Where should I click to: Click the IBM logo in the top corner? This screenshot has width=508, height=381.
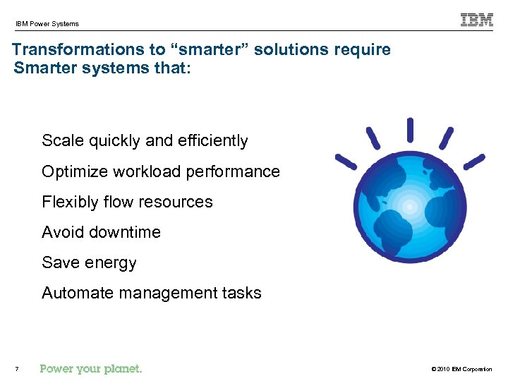point(477,20)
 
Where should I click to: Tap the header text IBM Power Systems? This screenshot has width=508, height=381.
point(47,24)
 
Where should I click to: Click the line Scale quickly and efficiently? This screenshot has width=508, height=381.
point(145,141)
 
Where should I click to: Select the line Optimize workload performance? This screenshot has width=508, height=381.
point(160,171)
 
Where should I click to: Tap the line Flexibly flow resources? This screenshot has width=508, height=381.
point(127,202)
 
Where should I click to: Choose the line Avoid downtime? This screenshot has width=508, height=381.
point(101,232)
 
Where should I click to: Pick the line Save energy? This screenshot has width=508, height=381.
point(89,262)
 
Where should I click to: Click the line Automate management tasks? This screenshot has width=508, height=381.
point(151,293)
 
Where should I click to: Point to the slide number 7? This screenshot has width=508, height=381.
point(16,369)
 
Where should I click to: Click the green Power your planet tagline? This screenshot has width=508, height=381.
point(91,368)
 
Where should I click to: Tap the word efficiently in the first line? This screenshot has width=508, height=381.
point(212,141)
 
